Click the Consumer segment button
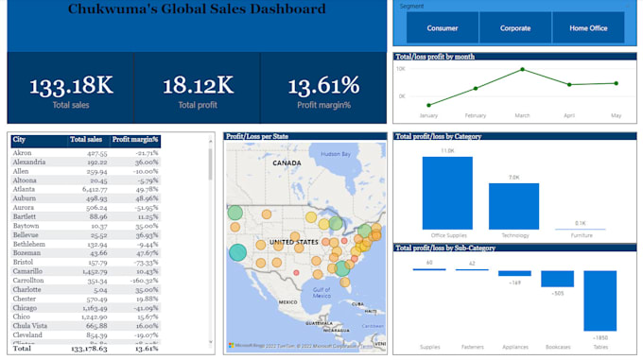click(443, 28)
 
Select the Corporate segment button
click(515, 28)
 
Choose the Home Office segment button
click(588, 28)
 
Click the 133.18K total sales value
click(71, 86)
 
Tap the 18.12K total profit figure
click(198, 86)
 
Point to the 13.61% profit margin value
click(323, 86)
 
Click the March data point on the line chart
click(522, 70)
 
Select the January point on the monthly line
click(428, 105)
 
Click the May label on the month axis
click(616, 115)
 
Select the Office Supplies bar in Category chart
click(447, 193)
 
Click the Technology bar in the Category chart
click(513, 205)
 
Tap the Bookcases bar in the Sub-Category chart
click(557, 279)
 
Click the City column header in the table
click(21, 140)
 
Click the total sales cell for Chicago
click(95, 308)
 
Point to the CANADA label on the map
click(287, 162)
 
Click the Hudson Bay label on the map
click(336, 152)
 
